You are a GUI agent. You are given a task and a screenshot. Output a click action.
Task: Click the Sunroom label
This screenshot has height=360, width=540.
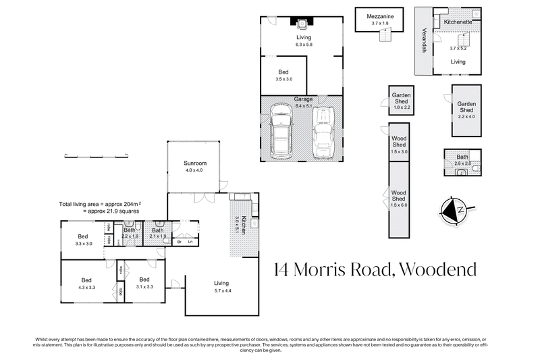click(194, 164)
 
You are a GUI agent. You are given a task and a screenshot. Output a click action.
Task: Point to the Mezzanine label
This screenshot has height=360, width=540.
click(380, 15)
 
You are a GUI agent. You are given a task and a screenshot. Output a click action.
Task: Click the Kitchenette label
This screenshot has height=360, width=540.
click(458, 22)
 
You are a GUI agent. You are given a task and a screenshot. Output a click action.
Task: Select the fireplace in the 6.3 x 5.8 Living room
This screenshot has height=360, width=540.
click(301, 23)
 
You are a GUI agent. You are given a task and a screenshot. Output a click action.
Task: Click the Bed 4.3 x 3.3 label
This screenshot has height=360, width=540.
click(87, 280)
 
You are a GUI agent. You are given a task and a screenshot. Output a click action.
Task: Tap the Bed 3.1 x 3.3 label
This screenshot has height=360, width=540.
click(144, 280)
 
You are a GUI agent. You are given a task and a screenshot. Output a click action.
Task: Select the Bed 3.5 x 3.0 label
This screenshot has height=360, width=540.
click(284, 72)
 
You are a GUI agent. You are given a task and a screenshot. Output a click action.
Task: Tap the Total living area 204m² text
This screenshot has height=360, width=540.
click(104, 204)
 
